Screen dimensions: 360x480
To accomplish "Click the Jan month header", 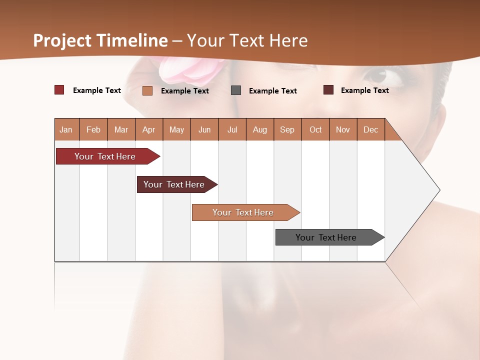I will [66, 129].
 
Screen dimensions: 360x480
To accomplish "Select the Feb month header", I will [93, 129].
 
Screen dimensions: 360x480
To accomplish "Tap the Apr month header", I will [148, 129].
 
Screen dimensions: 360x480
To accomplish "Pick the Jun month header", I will [204, 129].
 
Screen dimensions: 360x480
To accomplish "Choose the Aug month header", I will [259, 129].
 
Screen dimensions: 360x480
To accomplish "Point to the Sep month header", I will [287, 129].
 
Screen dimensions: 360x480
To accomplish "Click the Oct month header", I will [315, 129].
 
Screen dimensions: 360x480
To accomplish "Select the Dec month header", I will [370, 129].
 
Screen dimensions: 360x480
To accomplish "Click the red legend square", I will [59, 90].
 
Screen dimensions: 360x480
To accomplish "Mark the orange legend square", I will [147, 90].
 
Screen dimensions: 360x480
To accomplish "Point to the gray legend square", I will [236, 90].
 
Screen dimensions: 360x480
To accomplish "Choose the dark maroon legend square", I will [328, 90].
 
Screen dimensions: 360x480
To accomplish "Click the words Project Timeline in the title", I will [100, 40].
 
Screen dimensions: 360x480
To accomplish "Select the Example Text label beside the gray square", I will [272, 90].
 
